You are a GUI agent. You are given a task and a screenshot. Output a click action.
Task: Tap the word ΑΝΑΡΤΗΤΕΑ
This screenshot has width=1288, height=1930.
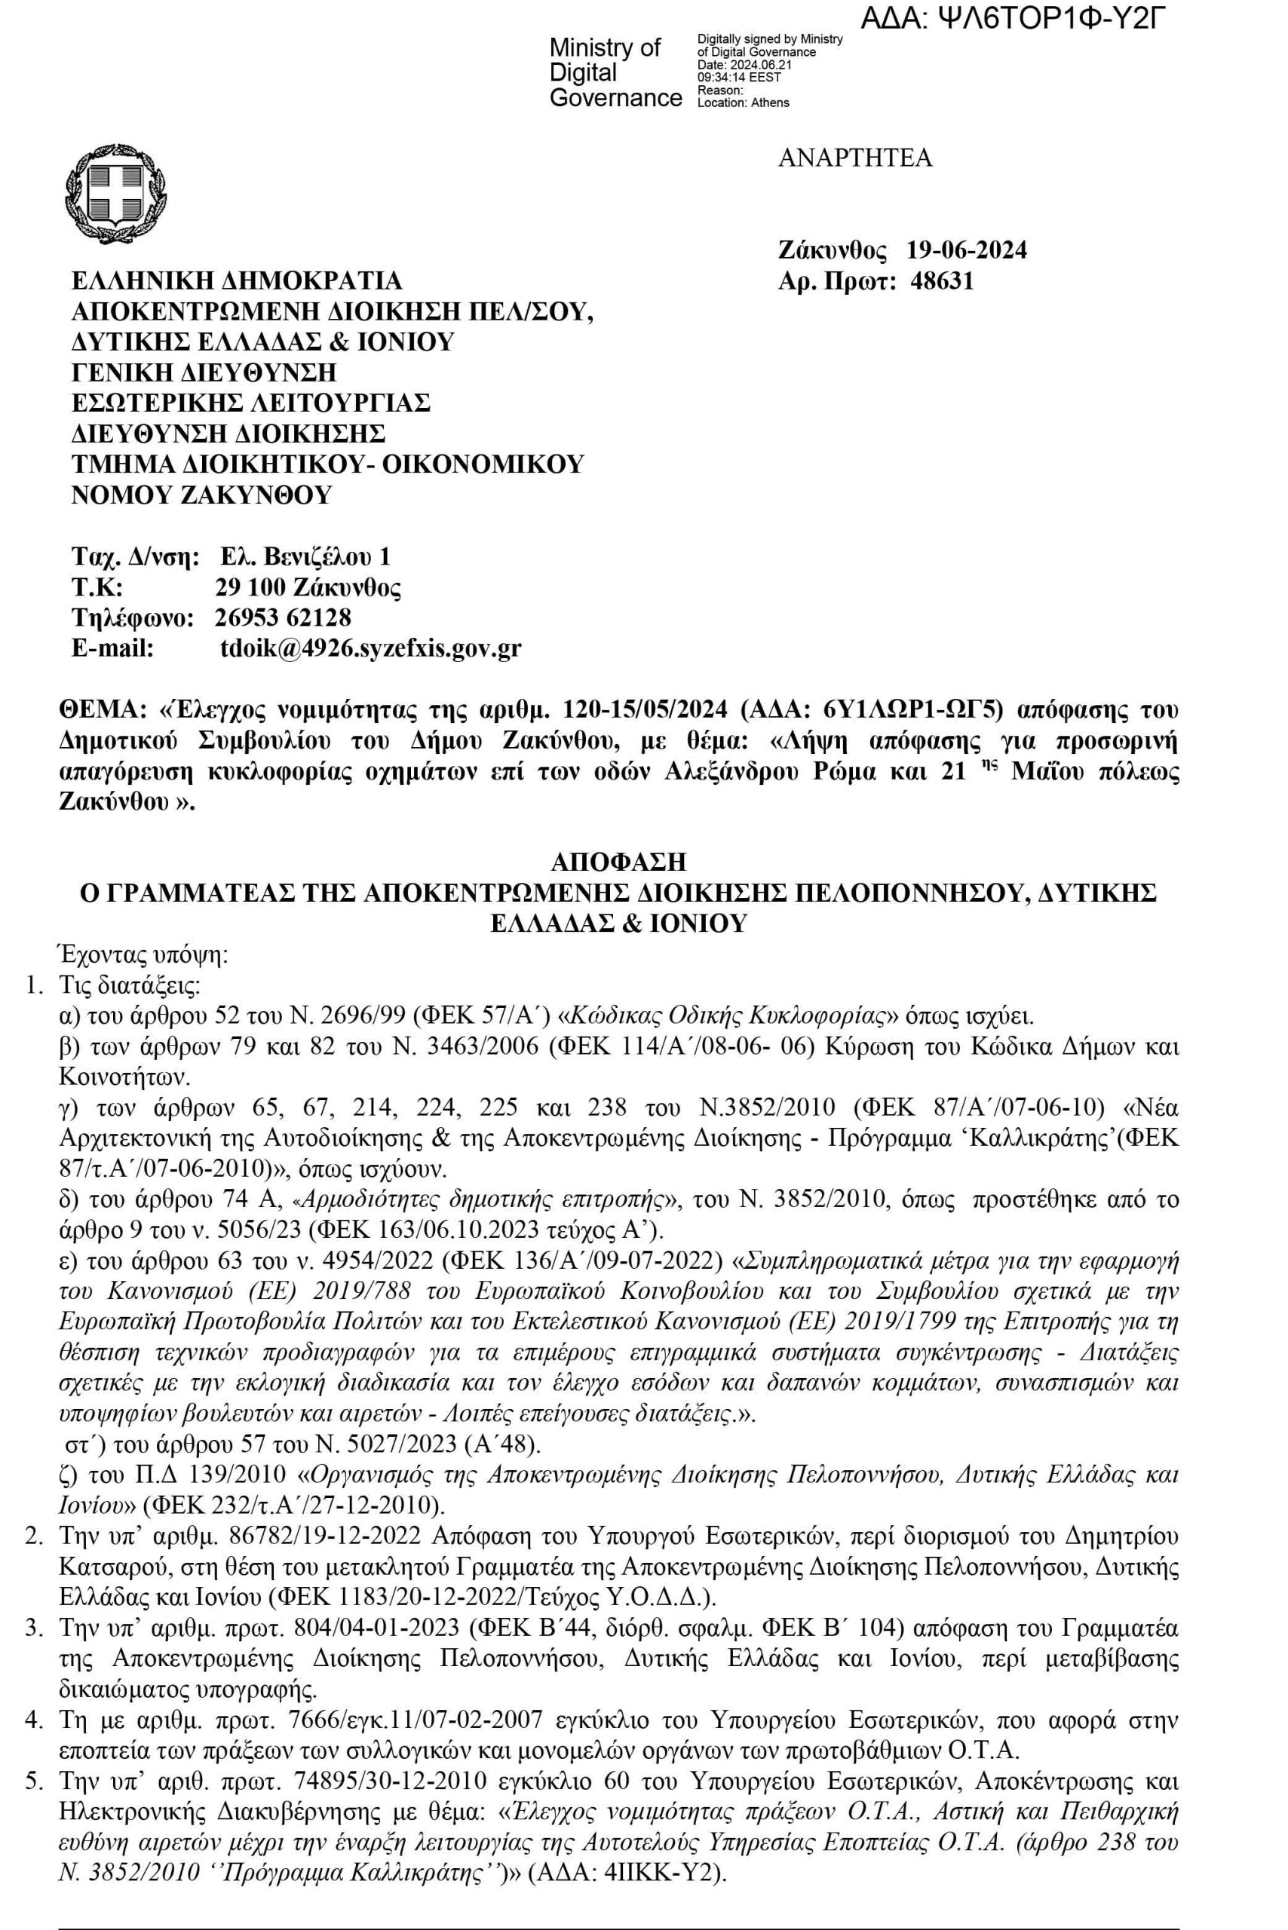(x=854, y=158)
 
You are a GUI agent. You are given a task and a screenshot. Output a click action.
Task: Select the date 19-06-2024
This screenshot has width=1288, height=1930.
(x=967, y=250)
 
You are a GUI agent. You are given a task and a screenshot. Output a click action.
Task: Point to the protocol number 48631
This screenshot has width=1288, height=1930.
(x=942, y=281)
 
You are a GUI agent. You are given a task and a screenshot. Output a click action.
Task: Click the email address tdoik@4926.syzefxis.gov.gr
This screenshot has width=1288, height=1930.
(x=370, y=649)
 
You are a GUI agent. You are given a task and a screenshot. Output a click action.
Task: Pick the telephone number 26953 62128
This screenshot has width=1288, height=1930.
(x=283, y=617)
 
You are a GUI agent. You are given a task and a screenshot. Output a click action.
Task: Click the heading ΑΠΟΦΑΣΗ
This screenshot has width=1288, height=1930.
(x=618, y=862)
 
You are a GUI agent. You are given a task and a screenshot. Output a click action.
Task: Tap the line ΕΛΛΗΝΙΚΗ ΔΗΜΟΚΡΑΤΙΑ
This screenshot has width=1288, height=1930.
(x=238, y=281)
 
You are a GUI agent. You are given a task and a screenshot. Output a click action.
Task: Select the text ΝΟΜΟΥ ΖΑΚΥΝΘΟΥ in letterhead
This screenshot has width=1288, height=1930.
(x=202, y=495)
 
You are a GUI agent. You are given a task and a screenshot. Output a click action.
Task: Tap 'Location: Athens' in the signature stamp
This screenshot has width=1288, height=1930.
(x=743, y=103)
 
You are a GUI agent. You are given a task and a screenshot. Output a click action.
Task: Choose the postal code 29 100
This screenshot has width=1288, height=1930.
(x=250, y=587)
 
